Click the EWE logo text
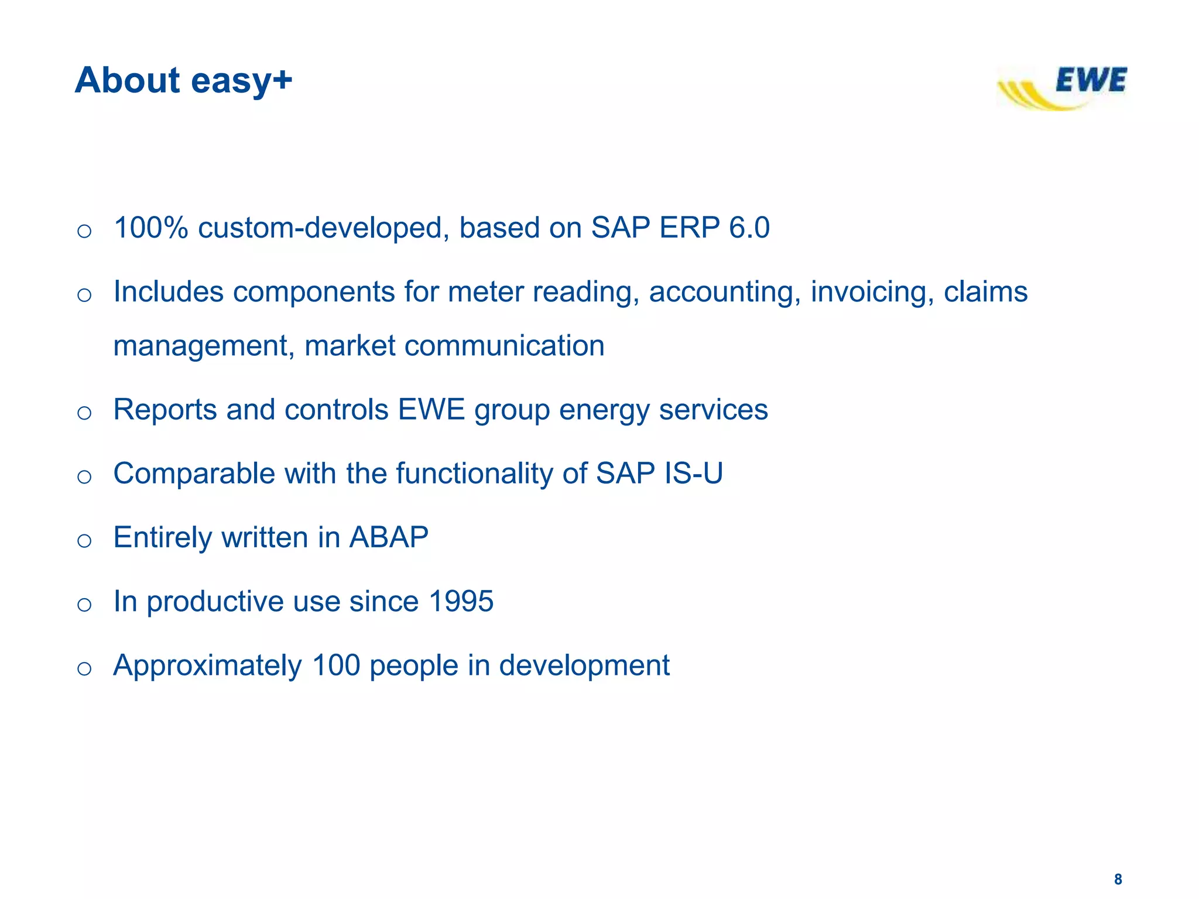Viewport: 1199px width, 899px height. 1090,80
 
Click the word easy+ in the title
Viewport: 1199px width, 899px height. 241,80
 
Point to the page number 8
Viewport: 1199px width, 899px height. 1118,879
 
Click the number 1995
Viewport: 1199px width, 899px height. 461,601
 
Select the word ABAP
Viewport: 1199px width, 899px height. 389,537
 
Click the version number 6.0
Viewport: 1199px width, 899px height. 749,228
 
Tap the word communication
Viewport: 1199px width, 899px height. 504,345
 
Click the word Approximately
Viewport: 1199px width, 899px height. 208,665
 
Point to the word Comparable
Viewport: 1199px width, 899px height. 194,473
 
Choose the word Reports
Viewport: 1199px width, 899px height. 165,409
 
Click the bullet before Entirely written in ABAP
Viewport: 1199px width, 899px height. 84,540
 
